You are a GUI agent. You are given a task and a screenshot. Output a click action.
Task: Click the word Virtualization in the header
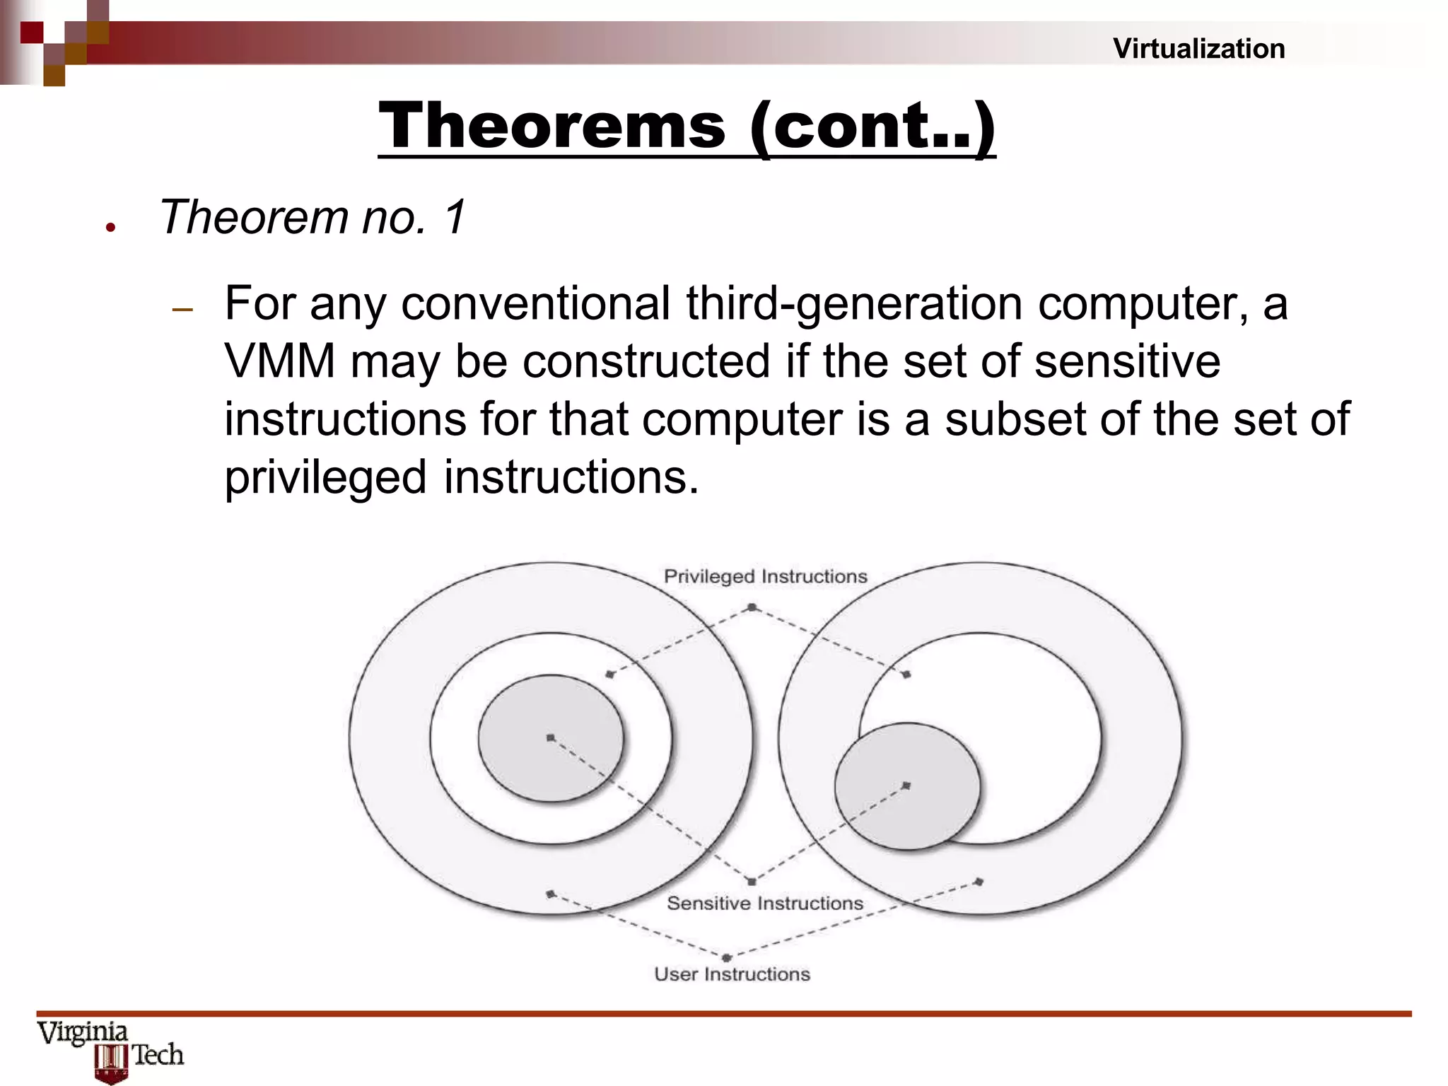[x=1198, y=49]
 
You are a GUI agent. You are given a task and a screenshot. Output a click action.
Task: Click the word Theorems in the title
[x=552, y=125]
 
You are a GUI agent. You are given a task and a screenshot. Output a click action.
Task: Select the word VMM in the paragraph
[x=280, y=361]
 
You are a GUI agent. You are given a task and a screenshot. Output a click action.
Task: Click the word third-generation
[x=854, y=303]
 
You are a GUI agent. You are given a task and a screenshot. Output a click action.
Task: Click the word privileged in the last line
[x=325, y=477]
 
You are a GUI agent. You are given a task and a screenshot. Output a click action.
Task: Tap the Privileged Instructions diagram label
[x=765, y=576]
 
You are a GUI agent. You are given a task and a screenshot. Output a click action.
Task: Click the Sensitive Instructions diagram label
[x=765, y=903]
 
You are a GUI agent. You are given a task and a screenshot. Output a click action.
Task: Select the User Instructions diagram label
[x=732, y=974]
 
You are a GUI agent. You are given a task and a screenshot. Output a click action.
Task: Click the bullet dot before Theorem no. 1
[x=110, y=228]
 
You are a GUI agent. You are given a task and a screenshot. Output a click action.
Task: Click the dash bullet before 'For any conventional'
[x=182, y=310]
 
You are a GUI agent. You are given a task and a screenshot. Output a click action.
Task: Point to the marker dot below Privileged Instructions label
[x=752, y=607]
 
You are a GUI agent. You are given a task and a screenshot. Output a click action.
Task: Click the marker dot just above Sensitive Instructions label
[x=752, y=882]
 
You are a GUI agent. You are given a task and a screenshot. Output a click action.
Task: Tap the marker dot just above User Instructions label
[x=726, y=958]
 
